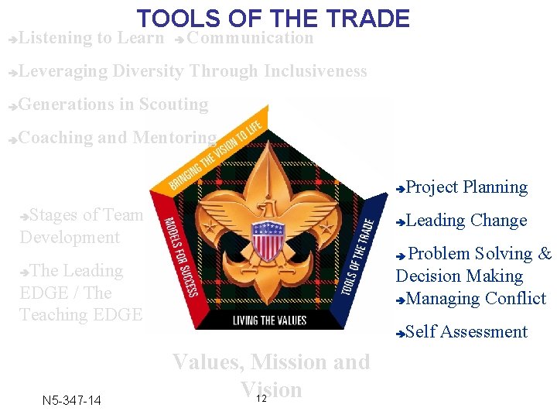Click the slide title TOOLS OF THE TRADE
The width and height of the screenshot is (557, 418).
tap(273, 18)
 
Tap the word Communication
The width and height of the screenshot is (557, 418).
tap(250, 38)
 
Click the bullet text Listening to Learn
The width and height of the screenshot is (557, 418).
tap(91, 38)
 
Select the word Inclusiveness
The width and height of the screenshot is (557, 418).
tap(315, 71)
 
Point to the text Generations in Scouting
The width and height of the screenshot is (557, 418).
tap(113, 104)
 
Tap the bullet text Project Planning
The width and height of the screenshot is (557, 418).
tap(466, 187)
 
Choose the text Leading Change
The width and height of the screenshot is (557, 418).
tap(466, 221)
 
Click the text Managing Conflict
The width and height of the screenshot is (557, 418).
tap(476, 299)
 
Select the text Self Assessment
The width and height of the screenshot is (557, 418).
tap(466, 332)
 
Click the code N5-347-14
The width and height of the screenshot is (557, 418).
tap(71, 400)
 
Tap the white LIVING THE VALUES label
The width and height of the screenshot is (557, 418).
tap(268, 320)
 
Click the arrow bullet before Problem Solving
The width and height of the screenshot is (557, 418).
tap(401, 255)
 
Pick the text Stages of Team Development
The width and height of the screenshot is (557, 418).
tap(81, 226)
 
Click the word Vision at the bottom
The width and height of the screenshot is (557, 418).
tap(271, 389)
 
